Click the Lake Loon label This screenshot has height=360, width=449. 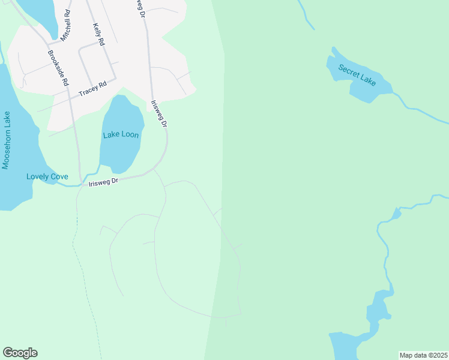(121, 135)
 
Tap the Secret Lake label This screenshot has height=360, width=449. (357, 75)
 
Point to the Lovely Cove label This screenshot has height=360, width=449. (47, 176)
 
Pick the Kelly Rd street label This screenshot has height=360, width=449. (98, 34)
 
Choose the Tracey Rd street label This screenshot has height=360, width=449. (92, 89)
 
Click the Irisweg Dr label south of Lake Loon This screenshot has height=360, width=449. (104, 181)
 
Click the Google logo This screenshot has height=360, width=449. (20, 353)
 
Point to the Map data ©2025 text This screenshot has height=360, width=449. (424, 355)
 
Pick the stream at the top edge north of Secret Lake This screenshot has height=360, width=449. (306, 15)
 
